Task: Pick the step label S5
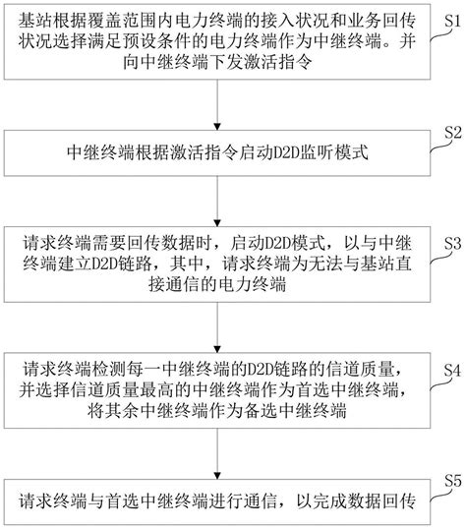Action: point(451,480)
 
